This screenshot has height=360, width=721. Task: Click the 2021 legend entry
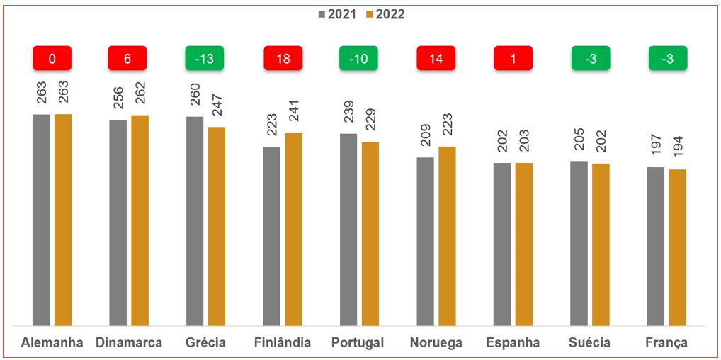(x=339, y=14)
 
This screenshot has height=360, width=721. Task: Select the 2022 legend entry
(x=385, y=14)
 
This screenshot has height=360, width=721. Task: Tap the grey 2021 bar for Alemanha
(x=41, y=220)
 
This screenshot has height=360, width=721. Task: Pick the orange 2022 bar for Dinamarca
(x=140, y=220)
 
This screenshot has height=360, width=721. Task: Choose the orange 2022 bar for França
(x=677, y=247)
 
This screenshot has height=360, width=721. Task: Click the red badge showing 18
(x=283, y=58)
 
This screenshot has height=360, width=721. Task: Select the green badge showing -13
(x=205, y=58)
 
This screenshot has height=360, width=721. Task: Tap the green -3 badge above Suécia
(x=591, y=58)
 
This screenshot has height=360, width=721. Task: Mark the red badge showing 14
(x=436, y=58)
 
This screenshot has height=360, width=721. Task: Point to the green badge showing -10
(x=359, y=58)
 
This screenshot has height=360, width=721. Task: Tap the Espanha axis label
(x=513, y=343)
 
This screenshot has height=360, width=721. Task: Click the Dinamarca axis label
(x=128, y=343)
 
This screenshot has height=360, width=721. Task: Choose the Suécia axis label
(x=590, y=343)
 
